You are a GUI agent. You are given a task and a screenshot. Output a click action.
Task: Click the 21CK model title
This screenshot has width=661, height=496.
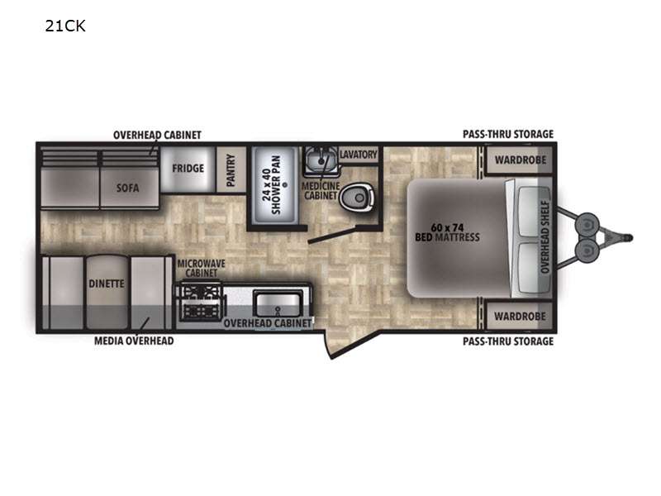point(66,26)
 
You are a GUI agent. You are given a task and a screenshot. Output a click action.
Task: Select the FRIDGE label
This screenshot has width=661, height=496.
point(188,168)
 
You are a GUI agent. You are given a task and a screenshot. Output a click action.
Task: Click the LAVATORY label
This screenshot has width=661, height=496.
point(358,155)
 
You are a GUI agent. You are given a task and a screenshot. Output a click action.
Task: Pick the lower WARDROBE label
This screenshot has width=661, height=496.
point(519,316)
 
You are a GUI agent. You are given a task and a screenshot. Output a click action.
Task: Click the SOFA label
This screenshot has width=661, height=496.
point(127,187)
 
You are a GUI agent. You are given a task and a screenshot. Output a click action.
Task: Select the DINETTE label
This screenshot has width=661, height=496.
point(107,284)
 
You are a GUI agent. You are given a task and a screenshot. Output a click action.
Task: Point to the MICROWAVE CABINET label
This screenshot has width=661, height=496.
point(202,269)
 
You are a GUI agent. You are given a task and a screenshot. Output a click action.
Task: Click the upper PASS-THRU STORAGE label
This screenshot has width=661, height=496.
point(507,134)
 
